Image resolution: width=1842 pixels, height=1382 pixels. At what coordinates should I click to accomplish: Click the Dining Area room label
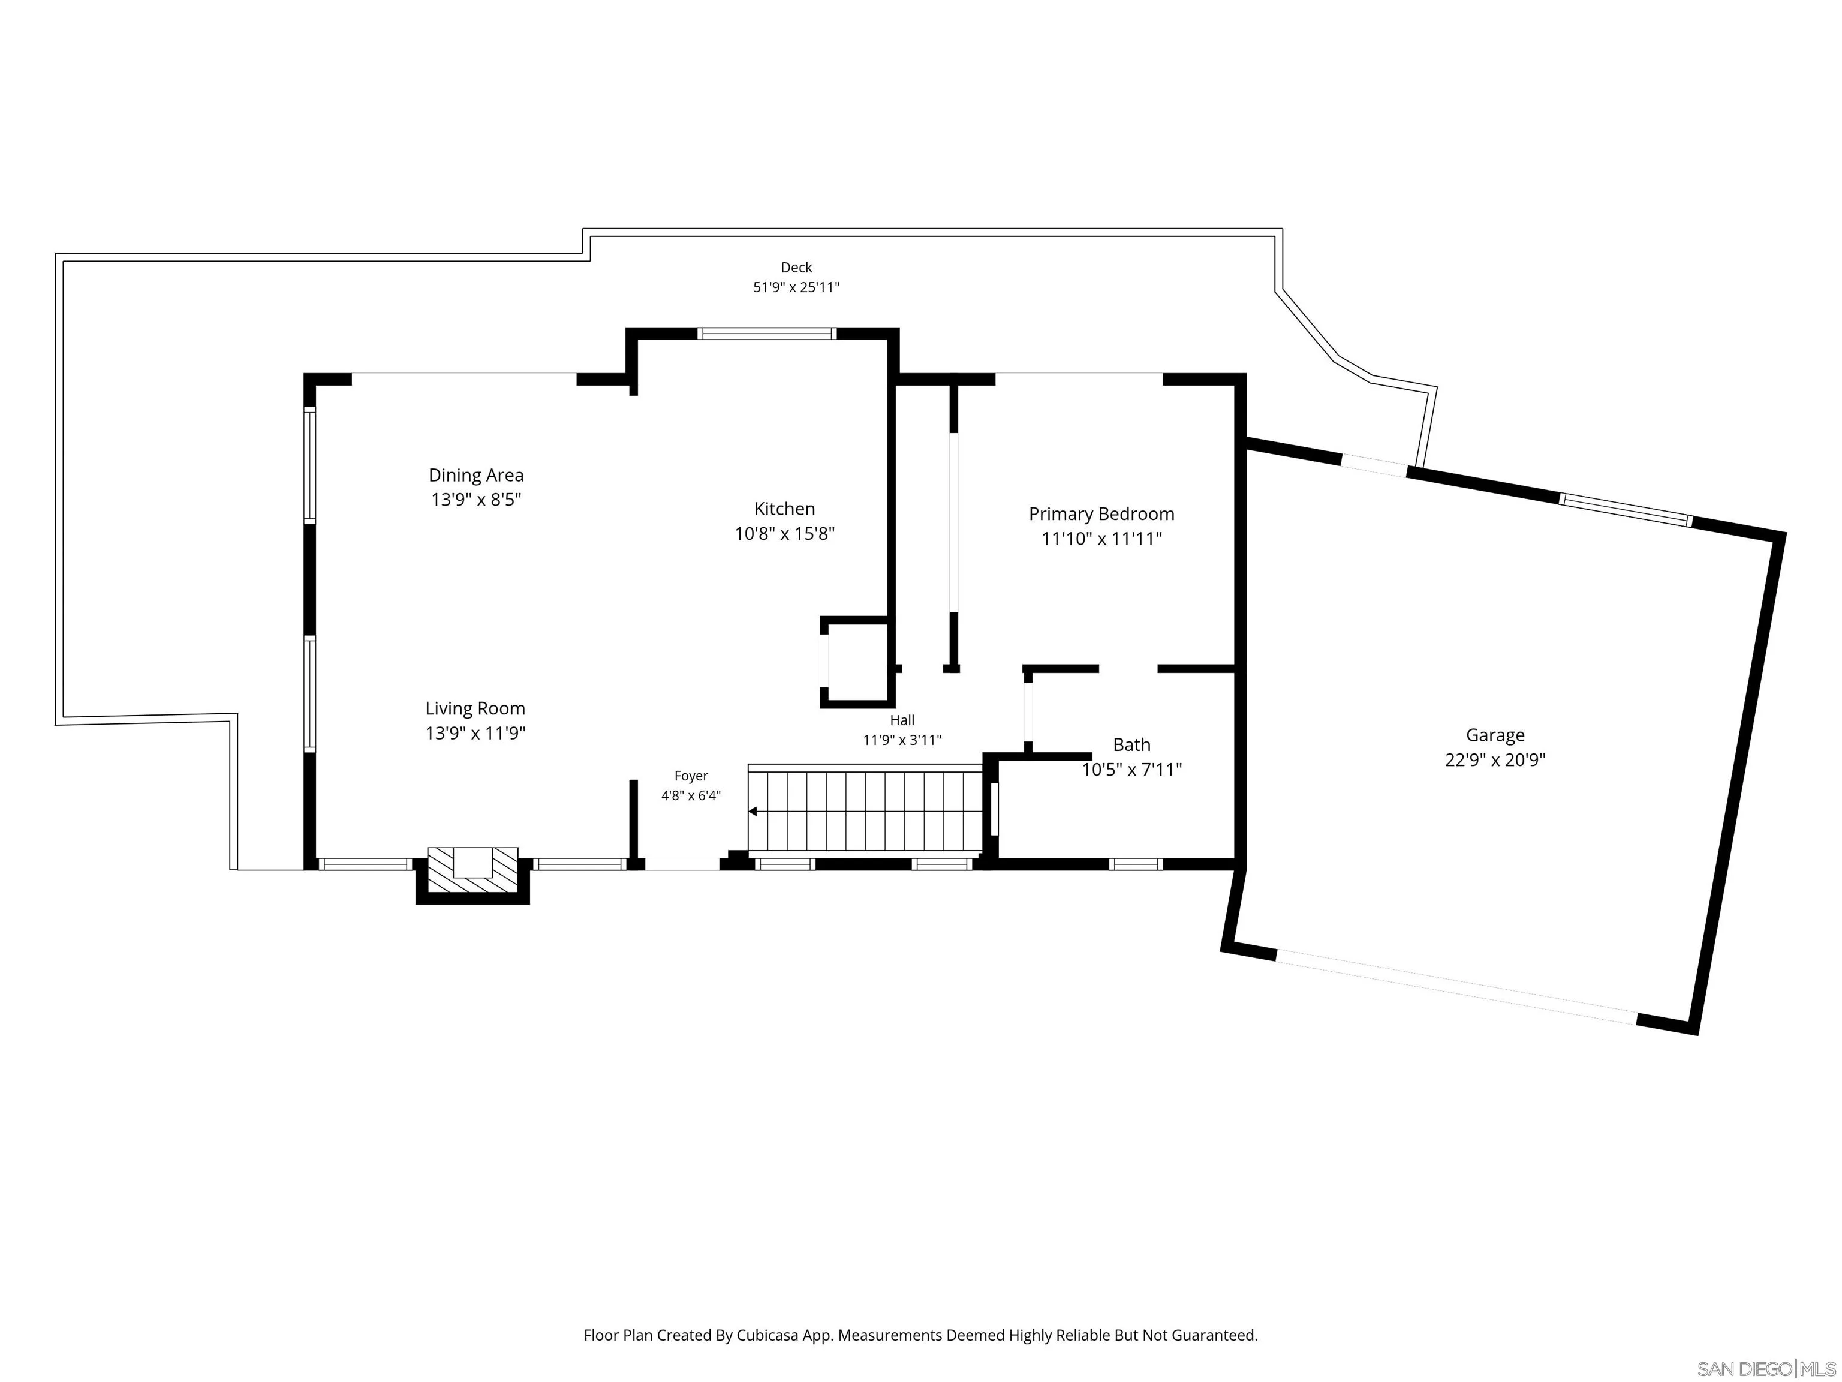pos(475,476)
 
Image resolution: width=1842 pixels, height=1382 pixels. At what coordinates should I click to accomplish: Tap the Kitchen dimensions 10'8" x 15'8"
pos(784,534)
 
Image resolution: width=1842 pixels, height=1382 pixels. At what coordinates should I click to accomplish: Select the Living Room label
pos(475,709)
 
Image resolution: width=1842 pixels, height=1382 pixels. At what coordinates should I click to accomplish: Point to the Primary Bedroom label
pos(1101,515)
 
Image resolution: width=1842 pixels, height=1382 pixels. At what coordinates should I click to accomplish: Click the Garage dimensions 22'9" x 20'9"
pos(1495,760)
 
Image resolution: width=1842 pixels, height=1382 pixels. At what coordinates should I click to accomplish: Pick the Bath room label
pos(1131,745)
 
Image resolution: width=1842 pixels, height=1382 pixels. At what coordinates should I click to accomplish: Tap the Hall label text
pos(902,720)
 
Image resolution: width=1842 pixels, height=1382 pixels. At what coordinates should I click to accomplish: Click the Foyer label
pos(691,776)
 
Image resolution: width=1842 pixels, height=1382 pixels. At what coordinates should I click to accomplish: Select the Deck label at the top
pos(796,268)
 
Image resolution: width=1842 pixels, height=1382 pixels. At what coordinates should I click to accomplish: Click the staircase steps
pos(866,810)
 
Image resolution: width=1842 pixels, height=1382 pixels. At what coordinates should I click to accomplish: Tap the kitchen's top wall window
pos(766,334)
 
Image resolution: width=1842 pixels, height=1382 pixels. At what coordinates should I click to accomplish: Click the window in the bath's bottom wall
pos(1136,865)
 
